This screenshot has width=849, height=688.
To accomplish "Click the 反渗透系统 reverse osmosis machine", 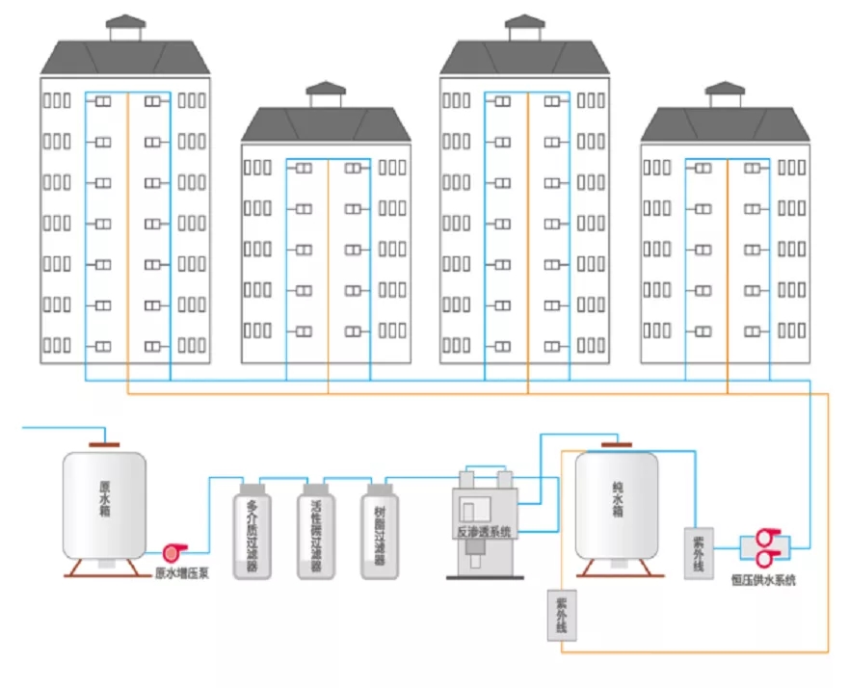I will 484,520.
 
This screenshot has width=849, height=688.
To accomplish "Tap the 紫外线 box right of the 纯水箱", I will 698,553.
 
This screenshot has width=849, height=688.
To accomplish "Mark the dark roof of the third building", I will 525,58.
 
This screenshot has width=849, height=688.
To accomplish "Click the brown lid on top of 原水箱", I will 105,443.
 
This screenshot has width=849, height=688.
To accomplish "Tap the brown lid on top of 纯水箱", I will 617,444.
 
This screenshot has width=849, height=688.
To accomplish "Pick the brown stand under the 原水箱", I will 105,568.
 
